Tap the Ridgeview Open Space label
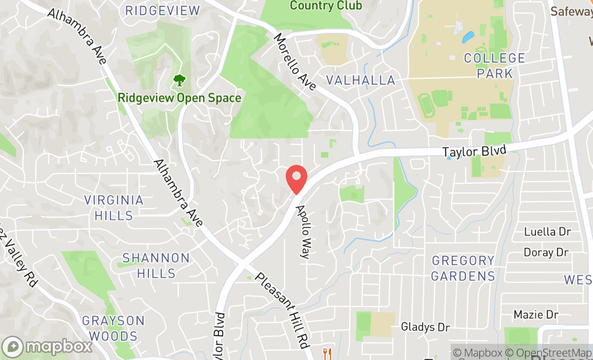(180, 98)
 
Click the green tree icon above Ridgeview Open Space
(179, 81)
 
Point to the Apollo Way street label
(303, 232)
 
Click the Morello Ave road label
(294, 61)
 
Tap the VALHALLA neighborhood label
(360, 80)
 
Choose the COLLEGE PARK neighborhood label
(494, 65)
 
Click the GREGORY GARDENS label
(463, 268)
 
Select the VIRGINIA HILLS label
(114, 207)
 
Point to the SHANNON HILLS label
(156, 265)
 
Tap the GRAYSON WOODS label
(113, 328)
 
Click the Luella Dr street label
(547, 232)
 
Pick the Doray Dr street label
(546, 252)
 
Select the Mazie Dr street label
(536, 314)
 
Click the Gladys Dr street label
(425, 327)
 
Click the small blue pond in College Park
(467, 37)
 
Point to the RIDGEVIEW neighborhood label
(162, 10)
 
